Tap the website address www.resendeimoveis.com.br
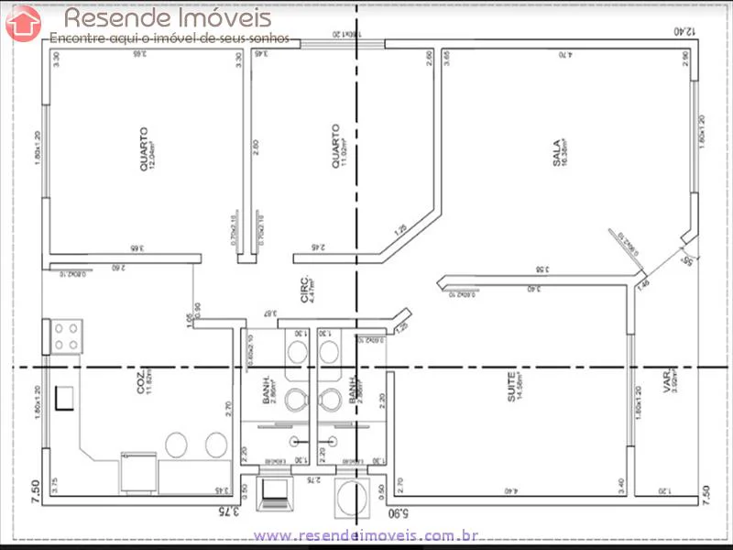tap(366, 534)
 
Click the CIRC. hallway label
tap(305, 289)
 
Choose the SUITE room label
tap(514, 386)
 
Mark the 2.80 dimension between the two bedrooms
tap(257, 148)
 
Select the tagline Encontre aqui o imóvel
tap(170, 38)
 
